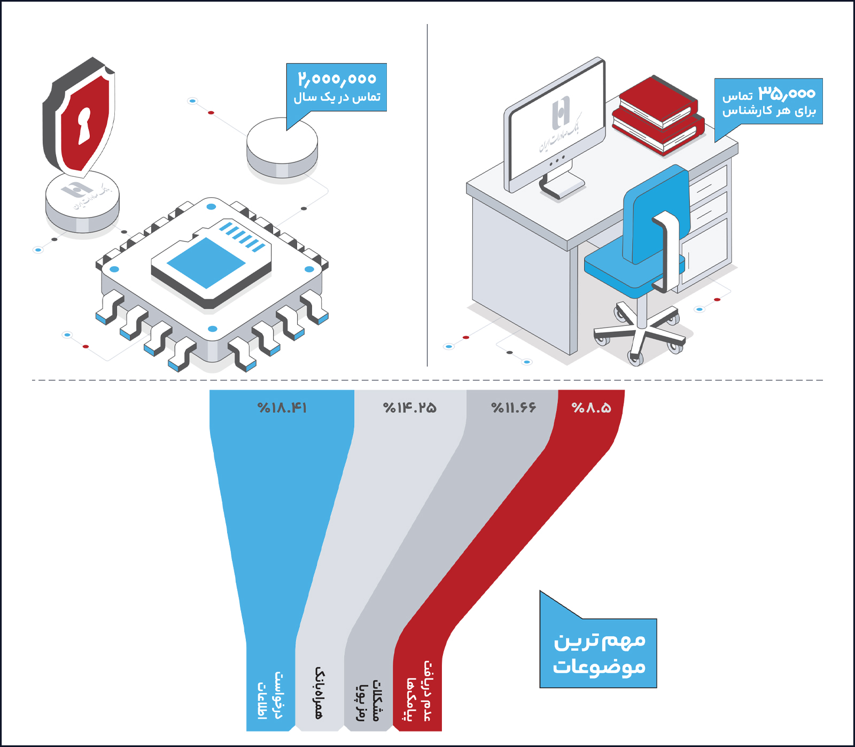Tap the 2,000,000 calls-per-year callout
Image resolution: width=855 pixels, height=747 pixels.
click(337, 87)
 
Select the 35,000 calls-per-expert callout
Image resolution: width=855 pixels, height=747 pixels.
click(769, 102)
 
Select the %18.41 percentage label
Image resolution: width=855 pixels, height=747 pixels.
click(282, 408)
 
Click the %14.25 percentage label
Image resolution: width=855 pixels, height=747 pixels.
click(410, 408)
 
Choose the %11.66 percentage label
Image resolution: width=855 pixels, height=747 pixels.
click(514, 408)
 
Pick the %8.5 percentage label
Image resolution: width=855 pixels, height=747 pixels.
click(591, 408)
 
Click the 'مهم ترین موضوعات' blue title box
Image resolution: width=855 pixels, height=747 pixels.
click(598, 653)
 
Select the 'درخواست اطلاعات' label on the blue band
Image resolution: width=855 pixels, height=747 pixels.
click(270, 695)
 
